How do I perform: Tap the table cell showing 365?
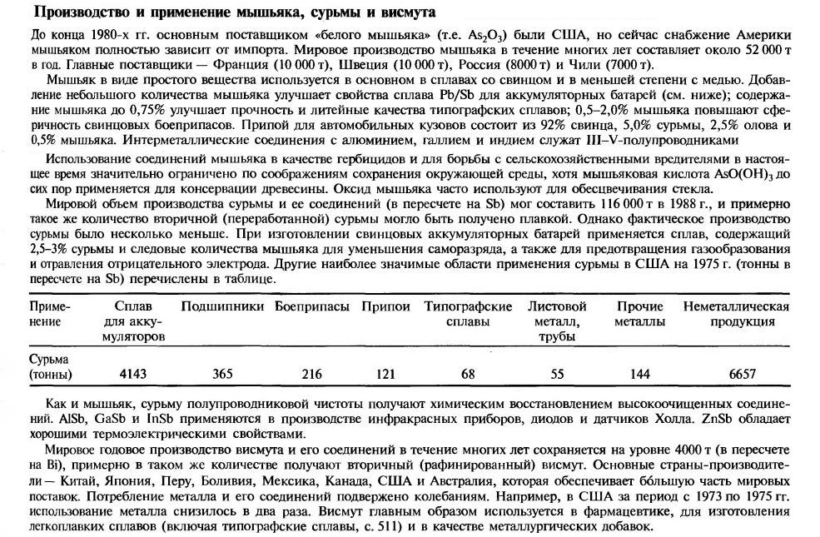pyautogui.click(x=222, y=375)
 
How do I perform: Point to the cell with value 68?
pyautogui.click(x=468, y=375)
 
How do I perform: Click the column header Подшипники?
pyautogui.click(x=222, y=306)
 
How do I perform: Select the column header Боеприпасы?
pyautogui.click(x=312, y=306)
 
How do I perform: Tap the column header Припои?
pyautogui.click(x=385, y=306)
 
